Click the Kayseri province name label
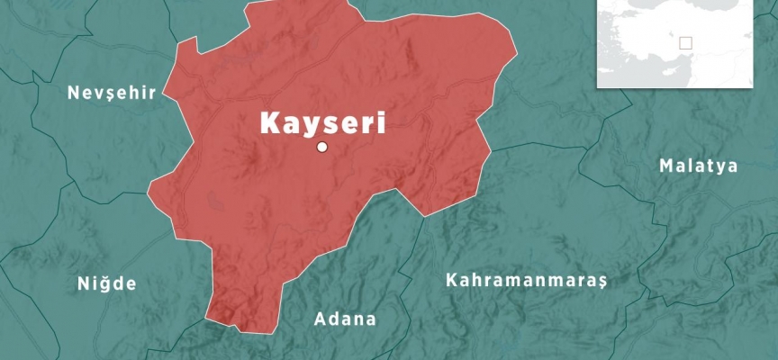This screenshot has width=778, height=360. tap(322, 123)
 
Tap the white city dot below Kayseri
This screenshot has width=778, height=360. tap(322, 148)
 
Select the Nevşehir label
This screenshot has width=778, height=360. tap(113, 93)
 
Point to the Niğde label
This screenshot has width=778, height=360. tap(106, 284)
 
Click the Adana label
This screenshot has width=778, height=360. tap(345, 319)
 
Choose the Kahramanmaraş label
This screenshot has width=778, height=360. tap(527, 281)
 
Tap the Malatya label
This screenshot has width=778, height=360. tap(698, 166)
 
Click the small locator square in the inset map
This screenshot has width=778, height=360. tap(685, 43)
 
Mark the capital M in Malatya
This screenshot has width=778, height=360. tap(665, 166)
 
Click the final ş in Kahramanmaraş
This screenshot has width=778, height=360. tap(602, 282)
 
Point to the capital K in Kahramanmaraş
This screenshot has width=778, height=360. tap(451, 280)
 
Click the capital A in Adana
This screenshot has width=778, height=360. tap(319, 319)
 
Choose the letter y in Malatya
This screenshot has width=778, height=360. tap(722, 167)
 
